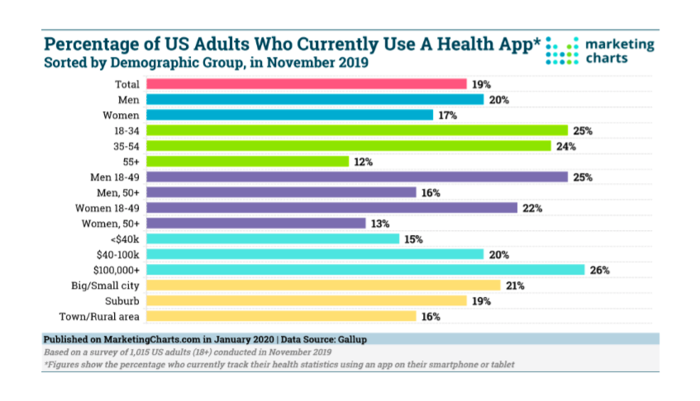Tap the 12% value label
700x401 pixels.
pos(364,162)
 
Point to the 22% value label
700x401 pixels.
pos(531,208)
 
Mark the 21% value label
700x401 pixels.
pos(515,285)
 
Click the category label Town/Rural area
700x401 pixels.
pos(99,317)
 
